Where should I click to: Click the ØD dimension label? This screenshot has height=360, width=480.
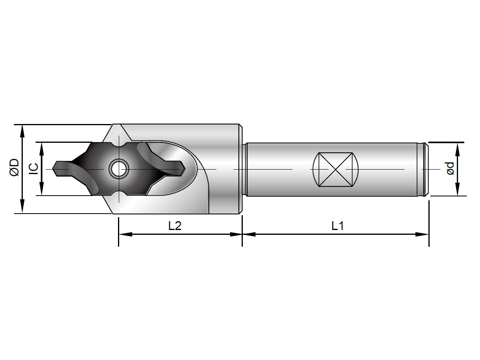click(14, 168)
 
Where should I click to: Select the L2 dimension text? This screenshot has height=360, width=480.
click(175, 226)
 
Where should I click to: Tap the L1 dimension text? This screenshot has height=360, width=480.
click(338, 226)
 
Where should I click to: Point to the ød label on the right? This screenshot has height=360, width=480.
click(450, 168)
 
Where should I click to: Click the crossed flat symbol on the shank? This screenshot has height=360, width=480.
click(335, 169)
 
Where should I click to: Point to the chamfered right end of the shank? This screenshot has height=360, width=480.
click(427, 169)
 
